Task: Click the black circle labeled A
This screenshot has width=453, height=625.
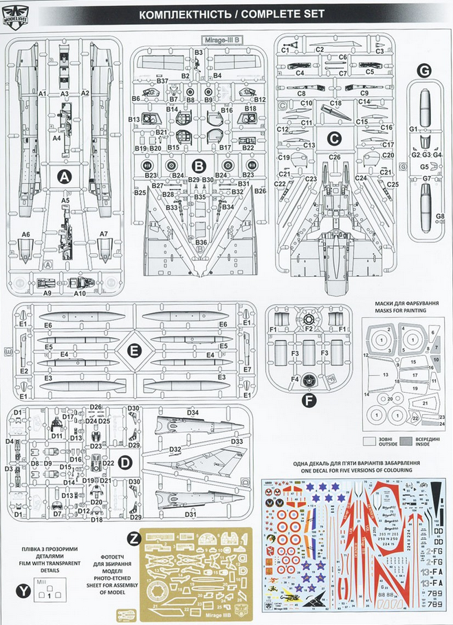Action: coord(64,177)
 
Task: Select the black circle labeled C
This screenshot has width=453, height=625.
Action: coord(334,138)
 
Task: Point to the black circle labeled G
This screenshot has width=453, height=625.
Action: coord(424,71)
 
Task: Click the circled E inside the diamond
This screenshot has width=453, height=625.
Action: coord(134,352)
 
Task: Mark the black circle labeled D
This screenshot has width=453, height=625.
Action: coord(124,463)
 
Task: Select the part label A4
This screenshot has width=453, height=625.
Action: coord(57,137)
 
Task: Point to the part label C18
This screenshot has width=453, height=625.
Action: coord(335,102)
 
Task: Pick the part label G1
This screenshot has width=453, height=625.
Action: coord(414,129)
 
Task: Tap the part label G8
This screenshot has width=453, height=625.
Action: coord(440,217)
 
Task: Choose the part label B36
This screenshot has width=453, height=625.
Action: coord(200,242)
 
